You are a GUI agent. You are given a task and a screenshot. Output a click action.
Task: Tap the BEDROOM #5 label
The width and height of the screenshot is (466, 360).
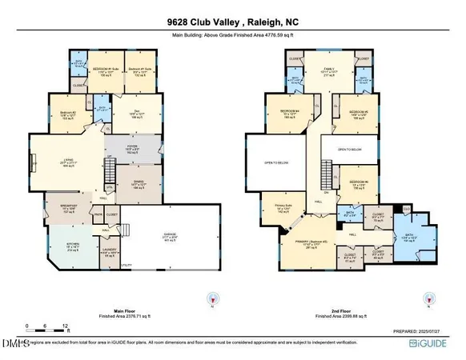pos(358,112)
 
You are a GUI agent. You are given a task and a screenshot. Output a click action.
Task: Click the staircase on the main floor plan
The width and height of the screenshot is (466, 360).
pos(110,170)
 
